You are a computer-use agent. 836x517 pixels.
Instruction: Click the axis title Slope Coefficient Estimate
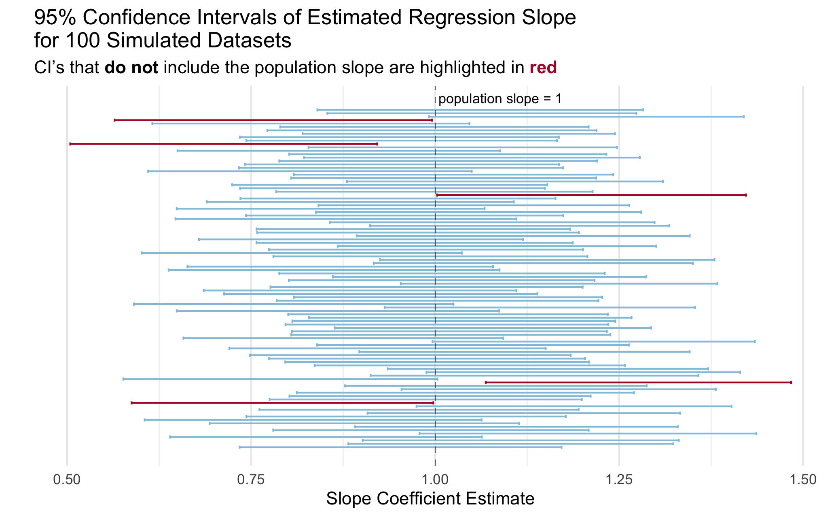(x=430, y=499)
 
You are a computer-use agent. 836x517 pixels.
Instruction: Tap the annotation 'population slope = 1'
(x=500, y=99)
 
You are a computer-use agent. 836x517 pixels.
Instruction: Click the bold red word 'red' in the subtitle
(x=543, y=68)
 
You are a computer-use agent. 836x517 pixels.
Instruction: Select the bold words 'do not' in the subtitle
(x=131, y=68)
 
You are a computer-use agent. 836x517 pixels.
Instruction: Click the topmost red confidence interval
(x=273, y=120)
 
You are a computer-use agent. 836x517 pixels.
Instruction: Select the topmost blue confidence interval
(x=480, y=110)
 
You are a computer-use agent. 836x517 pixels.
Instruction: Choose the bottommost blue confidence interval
(x=400, y=447)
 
